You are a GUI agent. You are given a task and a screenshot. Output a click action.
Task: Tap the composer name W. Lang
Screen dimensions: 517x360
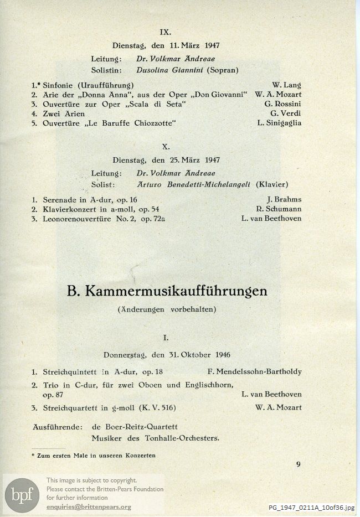click(x=286, y=85)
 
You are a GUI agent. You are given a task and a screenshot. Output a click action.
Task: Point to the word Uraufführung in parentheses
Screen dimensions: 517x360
click(x=106, y=85)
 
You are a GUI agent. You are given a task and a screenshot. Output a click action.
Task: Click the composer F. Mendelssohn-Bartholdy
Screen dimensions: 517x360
click(x=255, y=371)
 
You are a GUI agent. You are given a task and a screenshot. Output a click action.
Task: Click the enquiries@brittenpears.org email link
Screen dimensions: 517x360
click(x=89, y=506)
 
